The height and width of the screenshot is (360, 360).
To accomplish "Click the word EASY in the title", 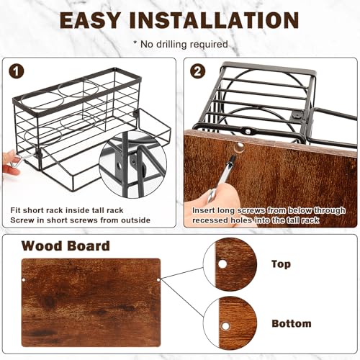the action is pos(90,20).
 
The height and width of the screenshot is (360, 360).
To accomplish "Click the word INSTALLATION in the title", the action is pos(214,20).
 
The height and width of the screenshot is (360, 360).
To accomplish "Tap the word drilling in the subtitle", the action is pos(171,45).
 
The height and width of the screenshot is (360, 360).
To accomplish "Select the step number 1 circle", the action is pos(17,71).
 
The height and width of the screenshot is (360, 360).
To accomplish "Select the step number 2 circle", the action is pos(197,71).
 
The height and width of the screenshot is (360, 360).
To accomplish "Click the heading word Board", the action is pos(85,246).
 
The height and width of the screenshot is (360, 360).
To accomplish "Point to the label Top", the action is pos(281,264).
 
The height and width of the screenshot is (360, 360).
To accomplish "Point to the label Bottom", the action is pos(292,323).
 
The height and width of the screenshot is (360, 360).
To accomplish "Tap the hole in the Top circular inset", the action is pos(222,264).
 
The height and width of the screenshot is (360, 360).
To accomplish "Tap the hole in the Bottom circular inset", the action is pos(225,326).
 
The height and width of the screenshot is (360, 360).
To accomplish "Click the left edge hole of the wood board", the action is pos(24,280).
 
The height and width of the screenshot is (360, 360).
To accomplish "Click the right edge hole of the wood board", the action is pos(158,280).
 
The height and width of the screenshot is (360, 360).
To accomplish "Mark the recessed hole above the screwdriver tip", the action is pos(238,147).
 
